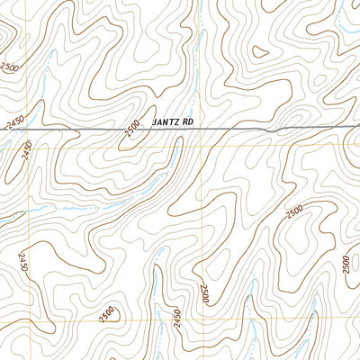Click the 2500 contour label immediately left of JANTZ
coord(132,129)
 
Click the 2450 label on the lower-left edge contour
coord(21,264)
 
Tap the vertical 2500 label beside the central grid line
coord(205,292)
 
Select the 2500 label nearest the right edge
coord(347,264)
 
